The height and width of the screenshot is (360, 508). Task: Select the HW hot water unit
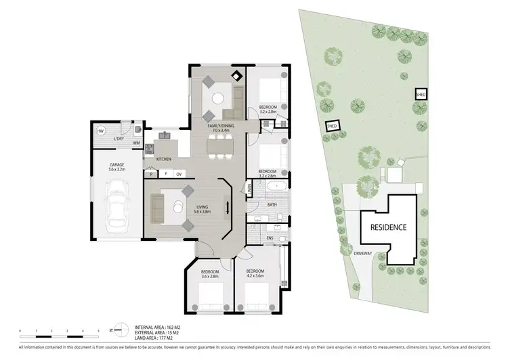[x=100, y=131]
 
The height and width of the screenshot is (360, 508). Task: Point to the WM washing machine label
[x=136, y=143]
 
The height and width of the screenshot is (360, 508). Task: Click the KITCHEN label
[x=163, y=159]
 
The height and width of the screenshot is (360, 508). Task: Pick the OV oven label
[x=179, y=175]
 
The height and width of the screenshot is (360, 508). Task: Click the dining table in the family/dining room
[x=219, y=145]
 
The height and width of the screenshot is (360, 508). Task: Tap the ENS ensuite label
[x=270, y=238]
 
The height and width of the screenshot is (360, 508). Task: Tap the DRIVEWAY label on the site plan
[x=364, y=253]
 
